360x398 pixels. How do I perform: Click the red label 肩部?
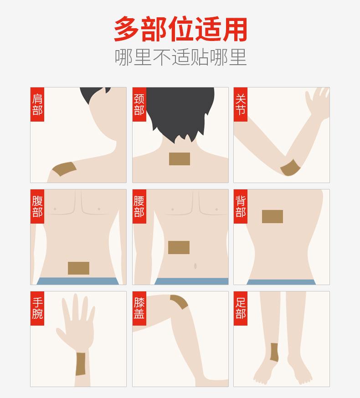click(x=37, y=104)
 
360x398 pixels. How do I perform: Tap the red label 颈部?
click(x=139, y=104)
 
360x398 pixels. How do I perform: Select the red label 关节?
click(x=240, y=104)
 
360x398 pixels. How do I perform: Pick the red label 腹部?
click(x=37, y=206)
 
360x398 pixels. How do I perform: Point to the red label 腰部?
click(x=139, y=206)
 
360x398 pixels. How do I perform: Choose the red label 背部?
click(x=240, y=206)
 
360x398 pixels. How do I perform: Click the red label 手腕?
click(x=37, y=308)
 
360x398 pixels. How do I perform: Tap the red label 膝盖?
click(x=139, y=308)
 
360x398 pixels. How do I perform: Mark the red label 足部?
click(x=240, y=308)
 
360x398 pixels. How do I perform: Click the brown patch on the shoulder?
click(x=64, y=168)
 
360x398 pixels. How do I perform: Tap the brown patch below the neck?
click(x=180, y=159)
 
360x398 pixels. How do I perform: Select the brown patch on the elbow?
click(x=291, y=168)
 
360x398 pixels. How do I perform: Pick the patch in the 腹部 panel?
click(x=78, y=268)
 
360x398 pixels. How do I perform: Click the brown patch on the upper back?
click(x=273, y=216)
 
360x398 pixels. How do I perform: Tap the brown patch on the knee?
click(x=180, y=301)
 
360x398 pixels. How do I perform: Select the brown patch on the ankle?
click(x=274, y=352)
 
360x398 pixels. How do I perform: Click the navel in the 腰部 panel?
click(x=195, y=266)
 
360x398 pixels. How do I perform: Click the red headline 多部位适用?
click(x=180, y=29)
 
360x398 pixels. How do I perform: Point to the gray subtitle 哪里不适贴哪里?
click(x=180, y=57)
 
